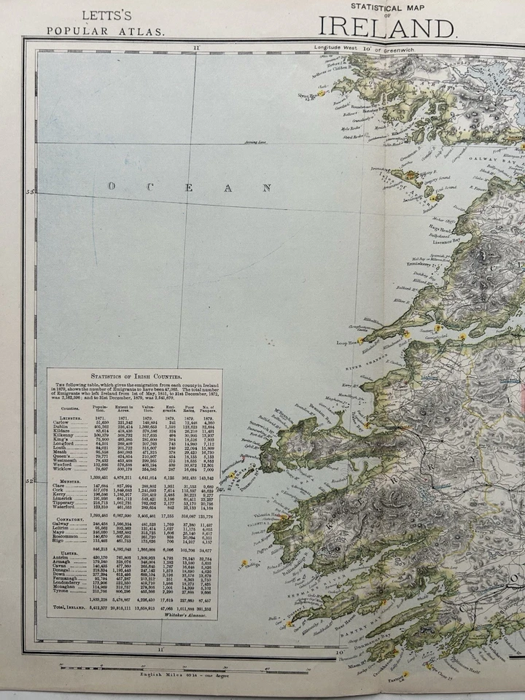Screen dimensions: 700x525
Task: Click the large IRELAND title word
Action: [x=387, y=27]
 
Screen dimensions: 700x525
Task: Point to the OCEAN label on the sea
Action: [x=179, y=187]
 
